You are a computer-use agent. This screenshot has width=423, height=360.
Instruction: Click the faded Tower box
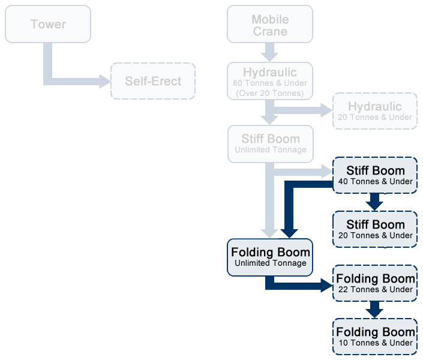(48, 24)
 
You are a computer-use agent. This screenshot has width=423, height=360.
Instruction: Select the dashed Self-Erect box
(153, 81)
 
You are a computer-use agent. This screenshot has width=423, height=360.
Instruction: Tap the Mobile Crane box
(270, 25)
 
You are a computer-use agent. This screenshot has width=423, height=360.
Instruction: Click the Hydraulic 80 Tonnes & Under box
(270, 81)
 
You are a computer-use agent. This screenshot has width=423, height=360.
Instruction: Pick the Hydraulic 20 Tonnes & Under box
(374, 110)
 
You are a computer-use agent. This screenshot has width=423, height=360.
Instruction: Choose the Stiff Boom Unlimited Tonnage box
(271, 143)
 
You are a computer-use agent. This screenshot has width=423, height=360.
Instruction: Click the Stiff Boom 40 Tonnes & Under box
(375, 175)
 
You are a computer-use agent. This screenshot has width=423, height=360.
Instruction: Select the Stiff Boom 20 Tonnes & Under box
(375, 229)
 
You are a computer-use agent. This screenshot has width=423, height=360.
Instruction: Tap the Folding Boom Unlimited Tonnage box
(270, 257)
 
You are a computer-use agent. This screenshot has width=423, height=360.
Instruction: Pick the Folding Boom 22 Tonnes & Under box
(375, 283)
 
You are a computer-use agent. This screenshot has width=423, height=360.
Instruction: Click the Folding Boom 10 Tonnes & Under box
(375, 337)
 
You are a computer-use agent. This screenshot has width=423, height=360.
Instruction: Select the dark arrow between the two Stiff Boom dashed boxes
(375, 202)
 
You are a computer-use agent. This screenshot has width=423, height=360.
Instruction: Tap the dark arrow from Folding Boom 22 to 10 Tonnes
(375, 310)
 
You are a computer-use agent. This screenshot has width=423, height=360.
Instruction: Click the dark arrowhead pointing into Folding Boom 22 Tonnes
(326, 286)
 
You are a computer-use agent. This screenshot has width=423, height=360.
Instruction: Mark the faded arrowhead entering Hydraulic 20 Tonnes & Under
(326, 110)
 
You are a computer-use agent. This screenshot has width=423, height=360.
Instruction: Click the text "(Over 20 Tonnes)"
(270, 93)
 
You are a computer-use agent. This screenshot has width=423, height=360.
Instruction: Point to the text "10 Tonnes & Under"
(375, 343)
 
